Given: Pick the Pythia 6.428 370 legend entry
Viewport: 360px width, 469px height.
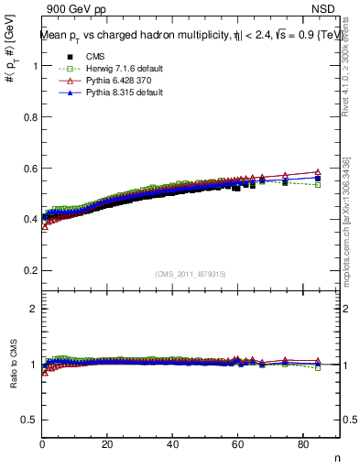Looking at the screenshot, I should [x=99, y=81].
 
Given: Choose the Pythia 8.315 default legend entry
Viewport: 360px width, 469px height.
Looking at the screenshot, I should [x=99, y=93].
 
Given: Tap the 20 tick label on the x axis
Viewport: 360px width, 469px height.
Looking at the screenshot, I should [x=107, y=445].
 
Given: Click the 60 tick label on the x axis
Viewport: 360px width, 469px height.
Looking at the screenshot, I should [x=238, y=445].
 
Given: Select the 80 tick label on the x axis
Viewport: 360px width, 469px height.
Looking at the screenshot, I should [x=303, y=445].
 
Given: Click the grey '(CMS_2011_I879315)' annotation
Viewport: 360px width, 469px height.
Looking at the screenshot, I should [x=191, y=274].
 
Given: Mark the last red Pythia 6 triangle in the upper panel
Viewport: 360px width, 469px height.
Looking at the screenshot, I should [x=318, y=172].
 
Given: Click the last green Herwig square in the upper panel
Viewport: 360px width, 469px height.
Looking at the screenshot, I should [x=318, y=185].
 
